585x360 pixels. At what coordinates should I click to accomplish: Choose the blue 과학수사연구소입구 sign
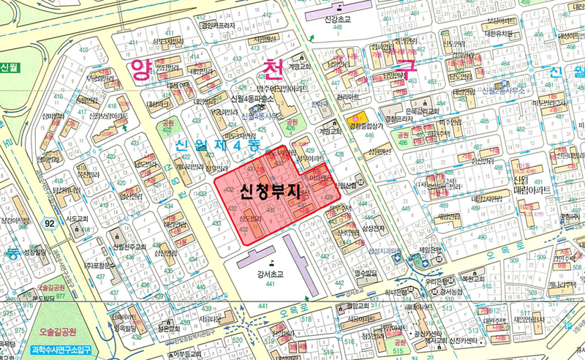point(61,350)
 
